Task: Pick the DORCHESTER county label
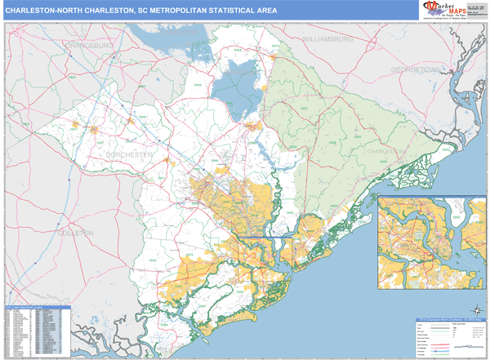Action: [128, 153]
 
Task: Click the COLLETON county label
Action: [76, 233]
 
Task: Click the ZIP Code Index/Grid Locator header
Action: [37, 309]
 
